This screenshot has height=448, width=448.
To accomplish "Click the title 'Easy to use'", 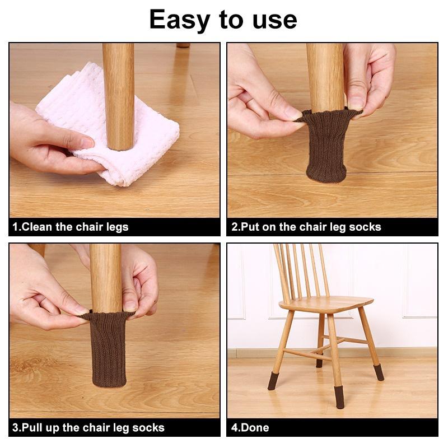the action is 223,20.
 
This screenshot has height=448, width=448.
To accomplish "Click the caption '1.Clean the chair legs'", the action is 71,227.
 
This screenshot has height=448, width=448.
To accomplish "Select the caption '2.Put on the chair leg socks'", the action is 306,227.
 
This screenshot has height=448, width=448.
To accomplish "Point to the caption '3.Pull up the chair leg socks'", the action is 88,428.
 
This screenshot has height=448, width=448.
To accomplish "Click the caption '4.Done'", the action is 250,428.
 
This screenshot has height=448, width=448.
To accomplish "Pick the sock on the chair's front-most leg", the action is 340,398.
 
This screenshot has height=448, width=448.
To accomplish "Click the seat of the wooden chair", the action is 326,304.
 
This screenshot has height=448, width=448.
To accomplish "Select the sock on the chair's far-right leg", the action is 379,372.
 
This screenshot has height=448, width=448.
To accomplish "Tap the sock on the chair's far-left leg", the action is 273,381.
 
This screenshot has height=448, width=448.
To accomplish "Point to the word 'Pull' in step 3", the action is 31,428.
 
